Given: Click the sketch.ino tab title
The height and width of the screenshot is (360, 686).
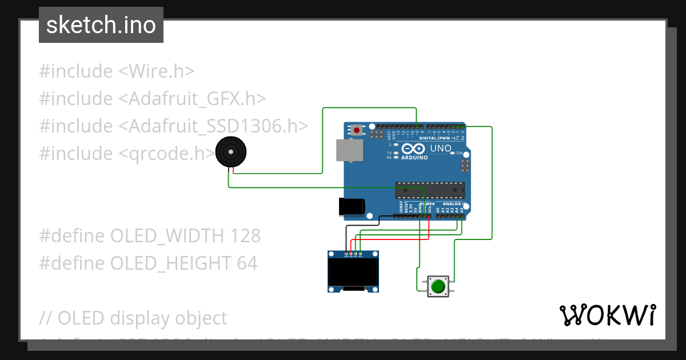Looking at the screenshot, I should pos(101,25).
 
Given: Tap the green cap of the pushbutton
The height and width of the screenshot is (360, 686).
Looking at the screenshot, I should pos(438,286).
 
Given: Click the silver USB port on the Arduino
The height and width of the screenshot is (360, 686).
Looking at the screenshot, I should pos(349,150).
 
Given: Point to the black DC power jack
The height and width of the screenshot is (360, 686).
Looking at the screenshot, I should pos(352,206).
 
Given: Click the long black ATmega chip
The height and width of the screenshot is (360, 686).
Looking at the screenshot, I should pos(430,189).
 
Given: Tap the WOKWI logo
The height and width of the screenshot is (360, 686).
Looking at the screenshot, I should pos(608,315).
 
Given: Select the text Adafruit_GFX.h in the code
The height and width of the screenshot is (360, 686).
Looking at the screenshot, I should pos(192,99).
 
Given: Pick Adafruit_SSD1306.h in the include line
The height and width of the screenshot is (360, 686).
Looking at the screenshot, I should pos(213,126).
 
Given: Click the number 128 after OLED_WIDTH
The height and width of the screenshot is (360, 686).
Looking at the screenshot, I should pos(245,235).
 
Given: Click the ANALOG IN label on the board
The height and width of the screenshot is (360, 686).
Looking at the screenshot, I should pos(456,204).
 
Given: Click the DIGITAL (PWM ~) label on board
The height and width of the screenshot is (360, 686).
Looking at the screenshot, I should pos(438,138).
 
